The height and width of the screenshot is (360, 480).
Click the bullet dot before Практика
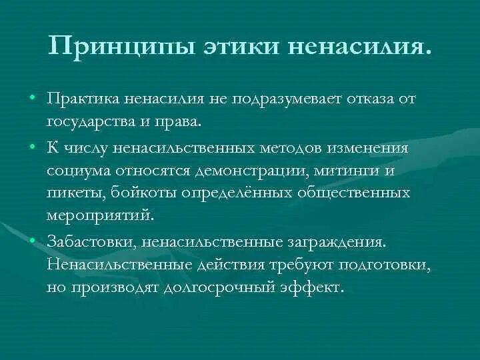click(32, 99)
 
